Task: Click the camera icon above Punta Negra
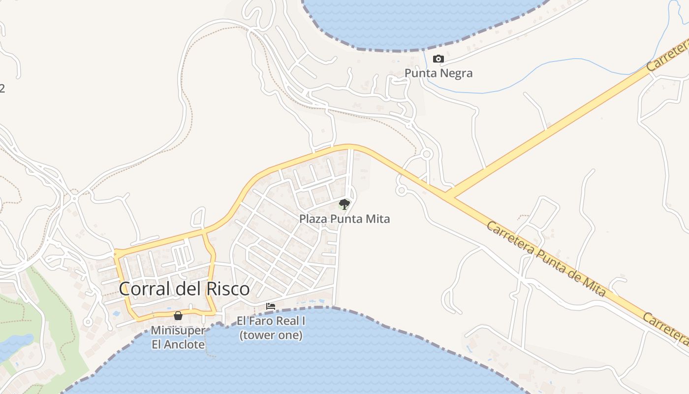point(438,59)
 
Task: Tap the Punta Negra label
point(438,73)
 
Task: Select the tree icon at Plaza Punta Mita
point(344,204)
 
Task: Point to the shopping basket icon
point(178,316)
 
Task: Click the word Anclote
point(185,344)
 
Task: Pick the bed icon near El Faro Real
point(271,306)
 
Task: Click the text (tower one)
point(271,335)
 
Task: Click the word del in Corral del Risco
point(187,289)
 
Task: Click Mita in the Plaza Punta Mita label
point(377,219)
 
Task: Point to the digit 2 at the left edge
point(2,89)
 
